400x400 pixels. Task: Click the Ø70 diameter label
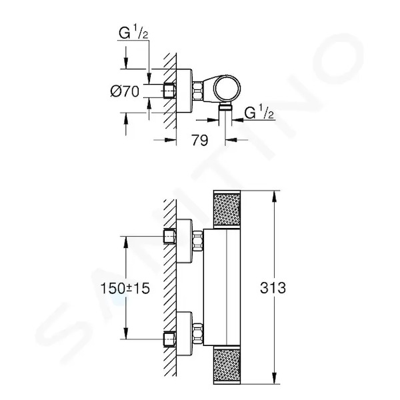tap(125, 91)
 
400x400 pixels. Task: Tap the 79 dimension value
tap(200, 140)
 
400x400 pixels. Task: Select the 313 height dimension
tap(273, 288)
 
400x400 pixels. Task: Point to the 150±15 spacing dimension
tap(125, 289)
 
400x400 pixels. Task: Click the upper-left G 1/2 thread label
tap(133, 33)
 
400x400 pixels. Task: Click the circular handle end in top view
tap(227, 89)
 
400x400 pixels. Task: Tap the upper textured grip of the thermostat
tap(227, 209)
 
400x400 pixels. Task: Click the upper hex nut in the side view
tap(198, 241)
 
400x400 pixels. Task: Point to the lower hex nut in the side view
tap(198, 333)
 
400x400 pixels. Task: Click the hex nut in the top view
tap(198, 91)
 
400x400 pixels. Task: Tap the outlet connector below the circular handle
tap(225, 107)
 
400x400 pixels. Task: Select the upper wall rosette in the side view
tap(184, 241)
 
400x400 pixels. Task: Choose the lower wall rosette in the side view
tap(184, 334)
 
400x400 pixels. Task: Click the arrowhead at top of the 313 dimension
tap(274, 197)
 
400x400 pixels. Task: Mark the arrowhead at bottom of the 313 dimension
tap(274, 378)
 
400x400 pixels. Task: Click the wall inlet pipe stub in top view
tap(169, 91)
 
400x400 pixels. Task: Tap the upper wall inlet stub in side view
tap(169, 237)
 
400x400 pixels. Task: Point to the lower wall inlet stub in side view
tap(169, 339)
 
